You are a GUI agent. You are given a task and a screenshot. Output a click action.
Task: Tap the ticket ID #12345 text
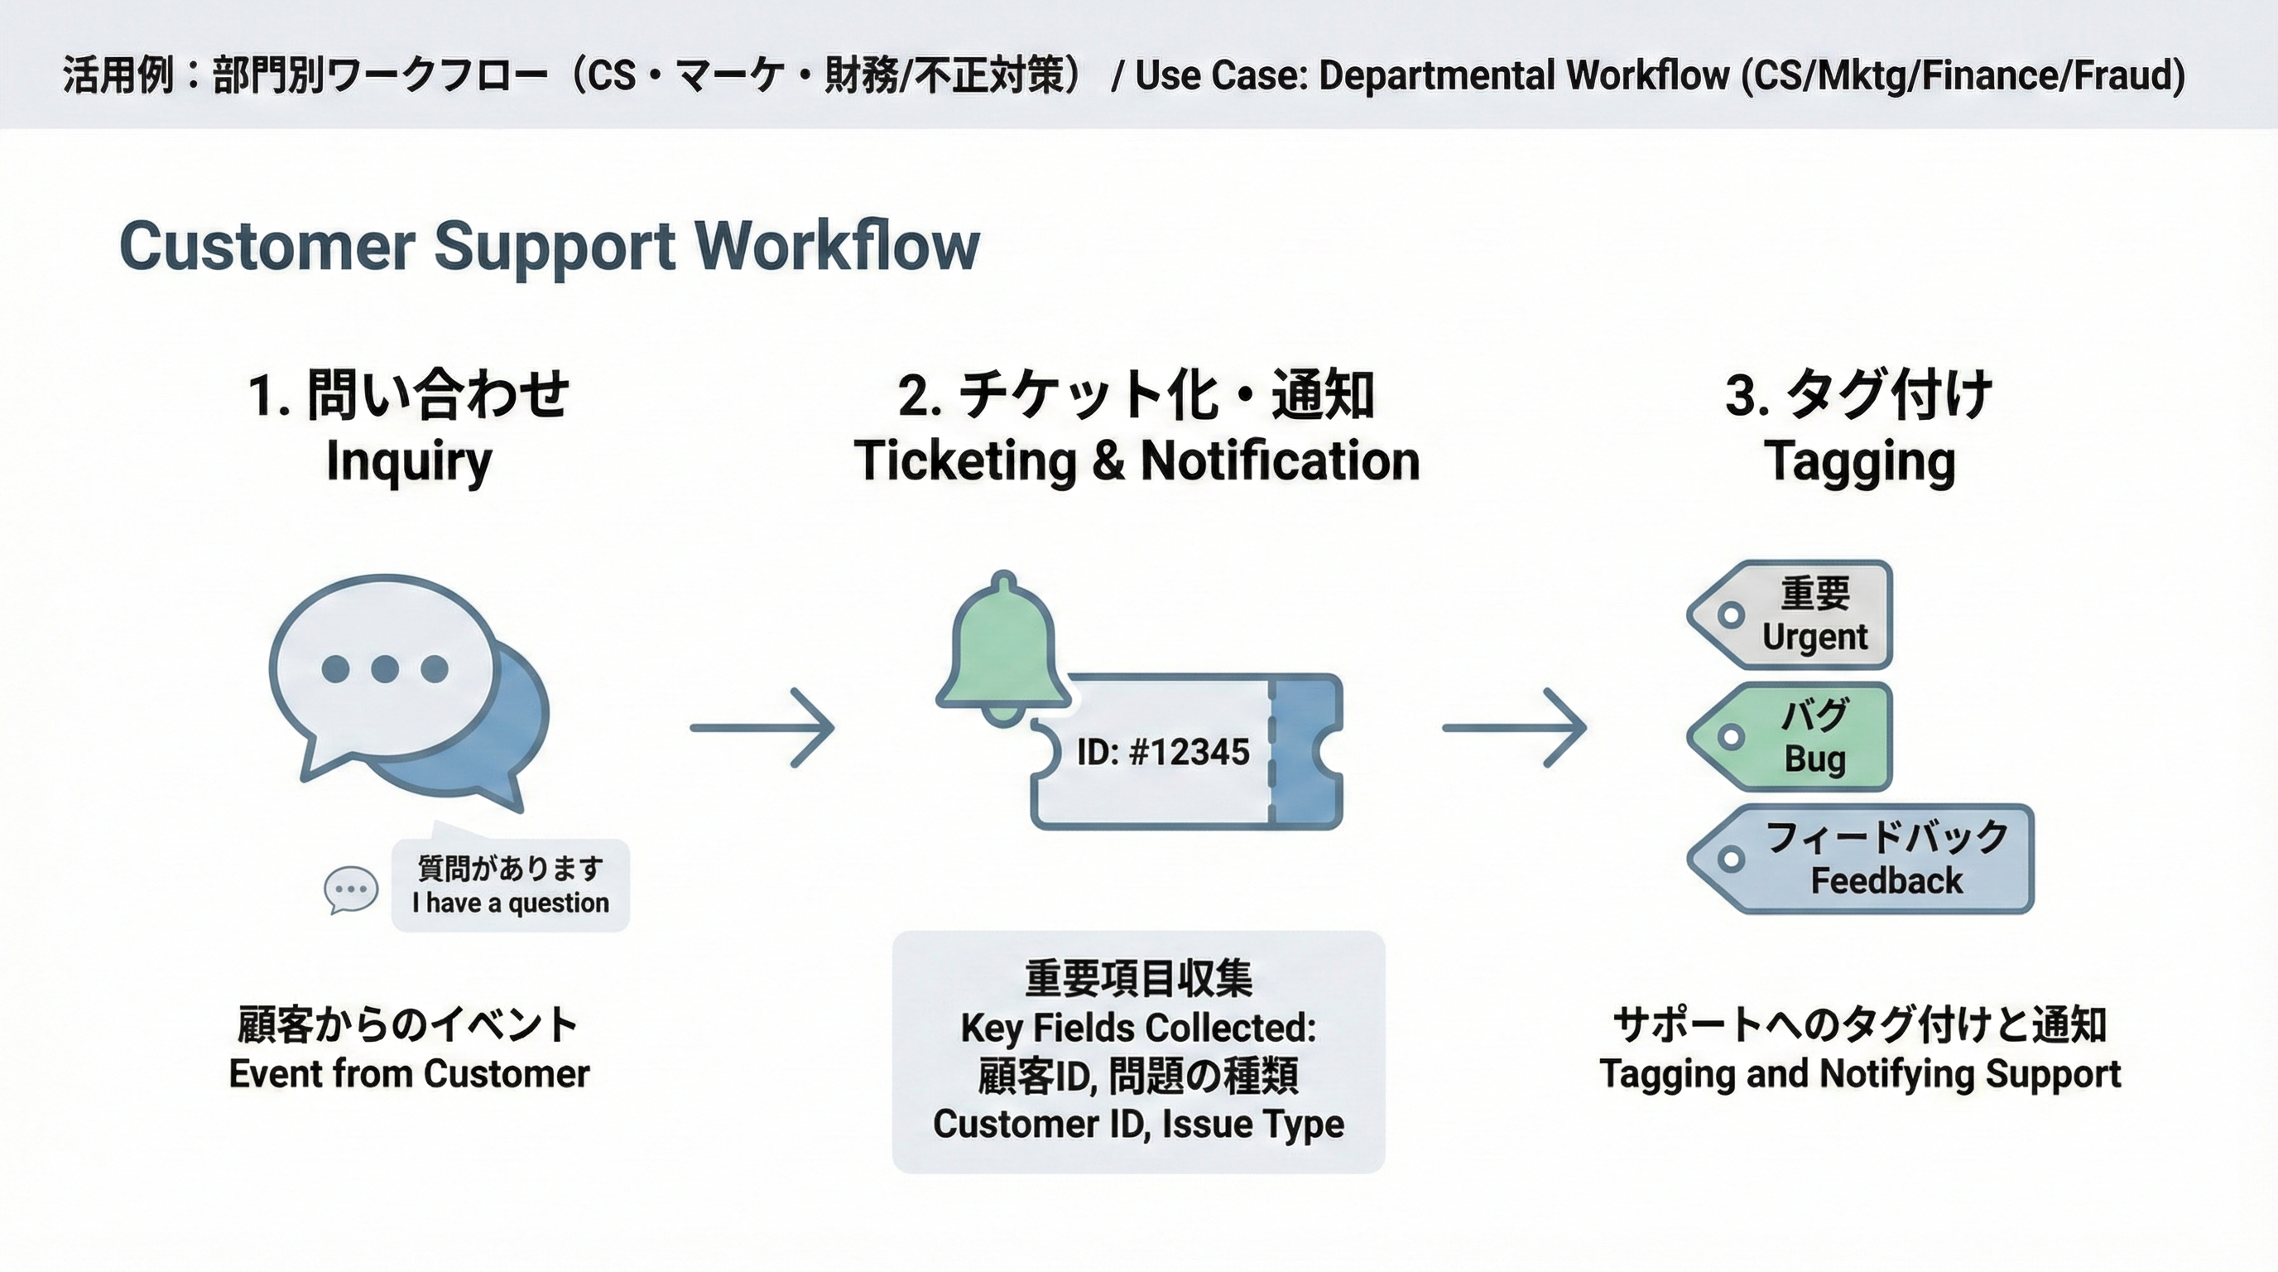tap(1162, 752)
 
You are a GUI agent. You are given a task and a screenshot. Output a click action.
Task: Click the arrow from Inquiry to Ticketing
tap(762, 727)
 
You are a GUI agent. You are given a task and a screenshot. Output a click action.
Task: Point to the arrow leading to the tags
tap(1514, 727)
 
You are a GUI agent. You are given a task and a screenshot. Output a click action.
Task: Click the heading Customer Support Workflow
tap(549, 246)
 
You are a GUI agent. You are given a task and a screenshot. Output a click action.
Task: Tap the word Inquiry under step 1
tap(409, 462)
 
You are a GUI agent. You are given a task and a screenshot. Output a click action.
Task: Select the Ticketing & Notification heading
tap(1137, 462)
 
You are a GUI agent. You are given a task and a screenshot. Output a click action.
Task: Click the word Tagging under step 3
tap(1859, 462)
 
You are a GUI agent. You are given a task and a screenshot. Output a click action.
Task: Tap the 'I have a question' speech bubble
tap(510, 885)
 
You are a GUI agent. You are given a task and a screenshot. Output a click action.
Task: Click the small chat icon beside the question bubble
tap(351, 889)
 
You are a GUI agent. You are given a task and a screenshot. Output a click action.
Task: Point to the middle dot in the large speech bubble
tap(384, 669)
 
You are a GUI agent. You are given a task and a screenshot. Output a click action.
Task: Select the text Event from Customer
tap(409, 1074)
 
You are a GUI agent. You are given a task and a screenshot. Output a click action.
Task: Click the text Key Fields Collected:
tap(1138, 1028)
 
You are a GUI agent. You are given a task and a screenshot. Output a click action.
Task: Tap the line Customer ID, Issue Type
tap(1138, 1124)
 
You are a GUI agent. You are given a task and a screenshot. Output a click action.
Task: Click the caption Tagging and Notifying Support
tap(1859, 1074)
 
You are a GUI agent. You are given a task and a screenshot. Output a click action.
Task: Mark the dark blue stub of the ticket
tap(1307, 752)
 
